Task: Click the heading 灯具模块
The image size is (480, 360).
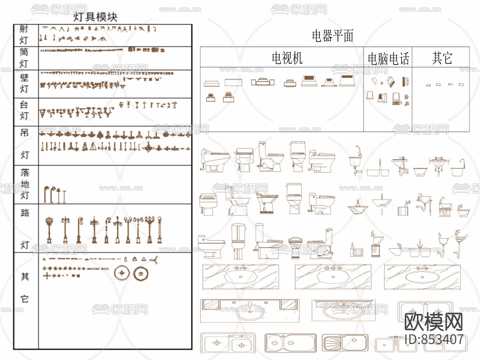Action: (x=96, y=17)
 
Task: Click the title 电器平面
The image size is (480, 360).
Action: (x=333, y=36)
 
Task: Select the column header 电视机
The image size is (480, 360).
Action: (x=287, y=58)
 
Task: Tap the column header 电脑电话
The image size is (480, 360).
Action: (x=388, y=59)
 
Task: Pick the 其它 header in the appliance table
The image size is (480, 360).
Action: (x=442, y=58)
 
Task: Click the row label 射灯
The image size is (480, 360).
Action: (x=24, y=35)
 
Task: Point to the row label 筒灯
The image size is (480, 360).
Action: (x=24, y=58)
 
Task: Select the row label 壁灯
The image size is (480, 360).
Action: (x=24, y=83)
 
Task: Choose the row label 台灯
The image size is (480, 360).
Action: (x=24, y=111)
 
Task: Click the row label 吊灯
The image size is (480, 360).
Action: (x=24, y=144)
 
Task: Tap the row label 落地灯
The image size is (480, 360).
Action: (x=25, y=184)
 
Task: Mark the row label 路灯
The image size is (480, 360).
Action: (x=25, y=228)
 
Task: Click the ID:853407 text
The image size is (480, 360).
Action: (x=434, y=339)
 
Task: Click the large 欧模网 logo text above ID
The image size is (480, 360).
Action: (x=434, y=321)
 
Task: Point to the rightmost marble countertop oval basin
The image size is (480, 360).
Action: (x=422, y=277)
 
